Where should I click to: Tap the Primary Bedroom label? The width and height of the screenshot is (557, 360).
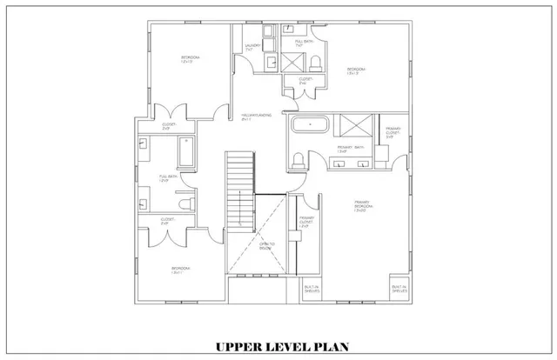point(362,205)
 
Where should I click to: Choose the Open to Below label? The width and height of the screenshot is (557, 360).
point(266,246)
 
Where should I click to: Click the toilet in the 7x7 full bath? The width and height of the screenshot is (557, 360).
point(316,61)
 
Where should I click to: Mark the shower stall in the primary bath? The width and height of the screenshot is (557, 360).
point(357,125)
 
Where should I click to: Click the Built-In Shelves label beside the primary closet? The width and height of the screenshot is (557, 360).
point(310,290)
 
